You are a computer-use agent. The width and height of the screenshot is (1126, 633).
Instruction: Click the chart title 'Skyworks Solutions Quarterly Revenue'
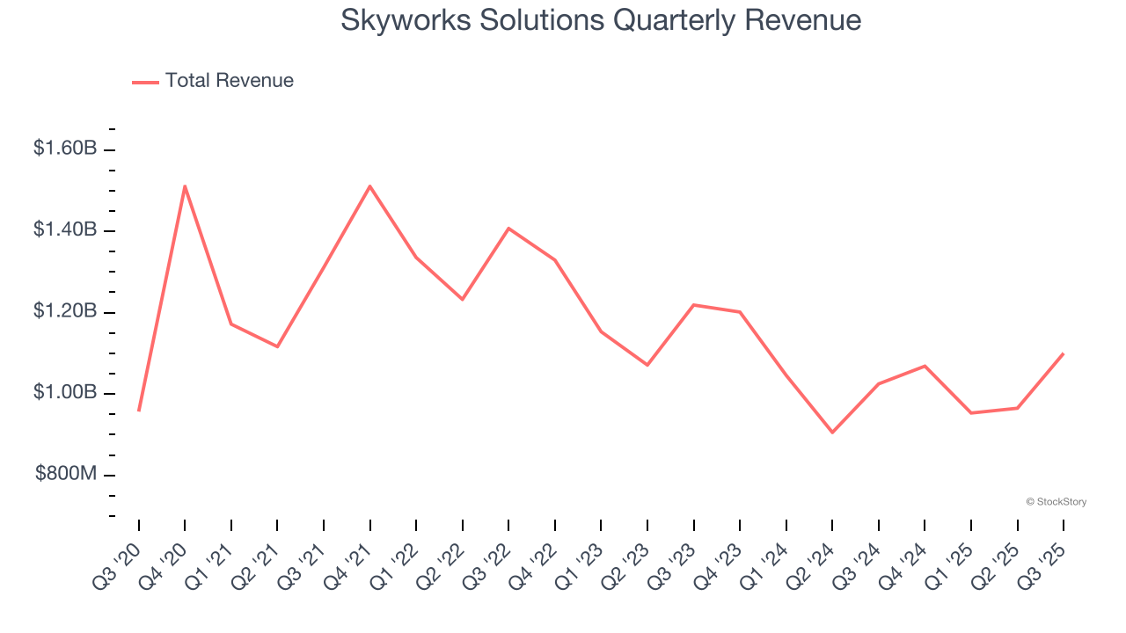601,20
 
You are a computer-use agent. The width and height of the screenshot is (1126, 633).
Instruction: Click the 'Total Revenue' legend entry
213,81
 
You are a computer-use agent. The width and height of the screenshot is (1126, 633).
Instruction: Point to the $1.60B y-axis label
65,149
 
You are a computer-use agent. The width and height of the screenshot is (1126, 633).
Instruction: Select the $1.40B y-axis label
65,229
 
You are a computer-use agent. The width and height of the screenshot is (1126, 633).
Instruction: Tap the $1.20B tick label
65,311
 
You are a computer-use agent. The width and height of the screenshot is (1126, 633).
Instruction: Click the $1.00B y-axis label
65,392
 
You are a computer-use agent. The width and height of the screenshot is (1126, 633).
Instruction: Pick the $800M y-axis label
66,474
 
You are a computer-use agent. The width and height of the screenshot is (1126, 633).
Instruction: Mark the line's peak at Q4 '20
185,186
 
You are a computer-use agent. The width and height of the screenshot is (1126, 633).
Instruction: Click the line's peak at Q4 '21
370,186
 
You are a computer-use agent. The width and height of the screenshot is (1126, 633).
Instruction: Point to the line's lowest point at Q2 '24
832,433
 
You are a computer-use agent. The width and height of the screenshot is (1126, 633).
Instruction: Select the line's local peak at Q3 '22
508,229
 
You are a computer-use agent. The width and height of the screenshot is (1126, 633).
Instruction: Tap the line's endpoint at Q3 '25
1064,353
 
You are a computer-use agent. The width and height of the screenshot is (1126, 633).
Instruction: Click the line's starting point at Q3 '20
139,411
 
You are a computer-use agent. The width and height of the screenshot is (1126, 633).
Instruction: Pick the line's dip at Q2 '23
647,365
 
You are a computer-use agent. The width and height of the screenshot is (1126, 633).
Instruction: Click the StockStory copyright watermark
1056,502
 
